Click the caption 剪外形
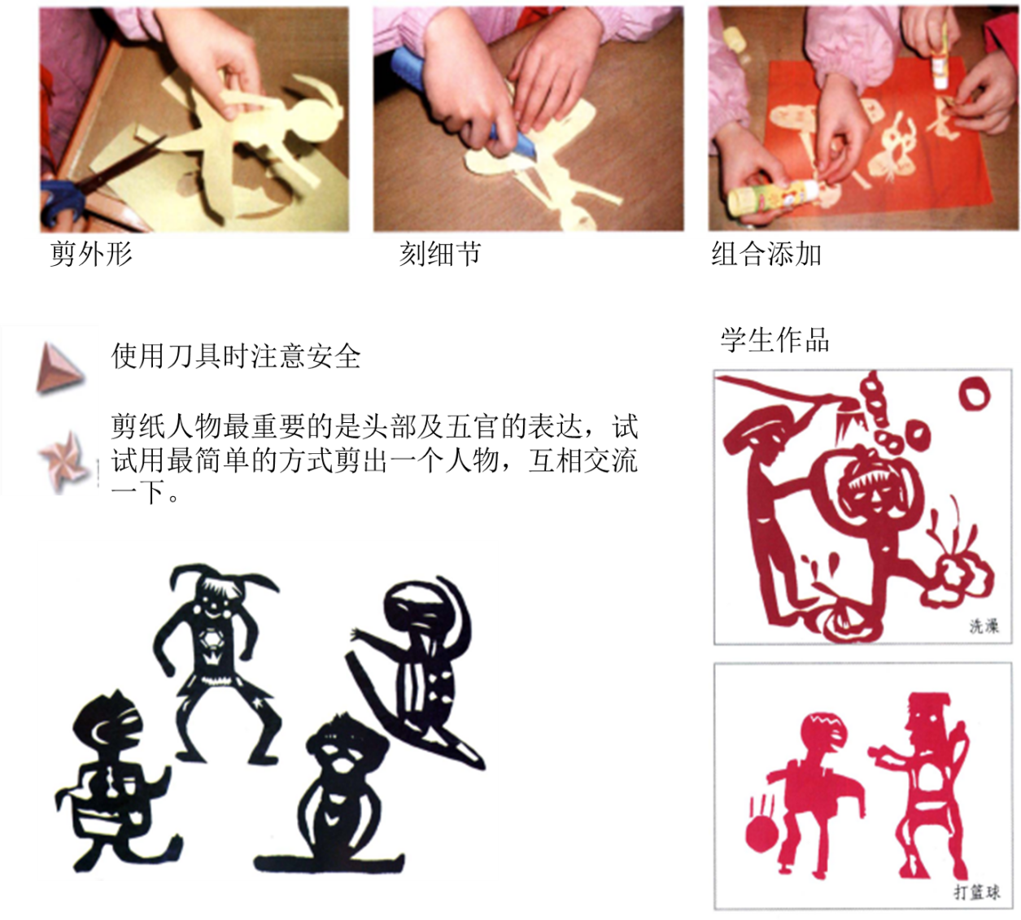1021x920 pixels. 91,253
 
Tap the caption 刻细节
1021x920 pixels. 440,253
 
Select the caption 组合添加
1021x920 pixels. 766,253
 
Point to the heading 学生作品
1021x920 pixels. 774,340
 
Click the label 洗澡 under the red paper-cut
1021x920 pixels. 984,626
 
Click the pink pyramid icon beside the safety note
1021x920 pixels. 59,368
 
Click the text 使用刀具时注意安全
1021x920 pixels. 236,356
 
